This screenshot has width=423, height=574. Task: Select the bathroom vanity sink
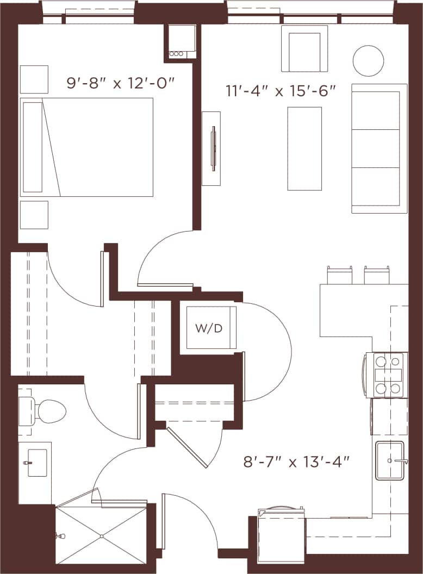(36, 463)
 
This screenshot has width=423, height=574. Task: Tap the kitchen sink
(390, 460)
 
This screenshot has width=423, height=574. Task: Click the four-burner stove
(387, 375)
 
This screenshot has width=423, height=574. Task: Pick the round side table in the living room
(368, 61)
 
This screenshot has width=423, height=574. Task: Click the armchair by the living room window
(304, 50)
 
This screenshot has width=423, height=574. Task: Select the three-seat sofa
(379, 148)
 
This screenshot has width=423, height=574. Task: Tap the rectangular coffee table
(304, 148)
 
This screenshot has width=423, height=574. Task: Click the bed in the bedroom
(87, 147)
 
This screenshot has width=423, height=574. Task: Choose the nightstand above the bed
(34, 79)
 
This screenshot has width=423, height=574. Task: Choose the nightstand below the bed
(34, 215)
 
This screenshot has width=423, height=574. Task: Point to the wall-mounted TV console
(211, 148)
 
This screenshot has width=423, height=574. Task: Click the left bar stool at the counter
(339, 275)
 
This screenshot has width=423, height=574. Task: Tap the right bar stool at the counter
(377, 275)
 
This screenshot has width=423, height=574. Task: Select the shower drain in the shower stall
(102, 536)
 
